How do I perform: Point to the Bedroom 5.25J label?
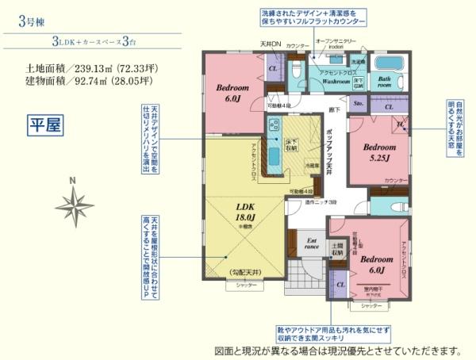(379, 151)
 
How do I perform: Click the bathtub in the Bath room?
(388, 65)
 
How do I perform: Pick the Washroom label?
(337, 82)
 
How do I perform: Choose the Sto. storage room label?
(358, 102)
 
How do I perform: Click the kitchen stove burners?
(272, 124)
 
